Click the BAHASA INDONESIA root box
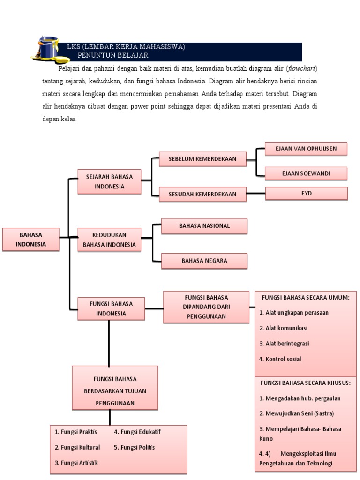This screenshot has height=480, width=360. click(x=31, y=240)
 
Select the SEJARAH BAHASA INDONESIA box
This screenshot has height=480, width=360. click(x=109, y=181)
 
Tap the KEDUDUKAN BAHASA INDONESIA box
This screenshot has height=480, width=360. click(x=109, y=240)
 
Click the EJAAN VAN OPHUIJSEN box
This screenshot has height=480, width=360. click(x=306, y=149)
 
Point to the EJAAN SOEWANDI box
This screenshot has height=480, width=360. click(x=306, y=173)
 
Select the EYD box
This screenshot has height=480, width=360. click(x=307, y=193)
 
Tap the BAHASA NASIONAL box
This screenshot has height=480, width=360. click(x=204, y=226)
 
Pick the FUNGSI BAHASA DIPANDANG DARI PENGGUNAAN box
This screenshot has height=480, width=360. click(x=206, y=307)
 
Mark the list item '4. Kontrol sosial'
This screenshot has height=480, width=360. click(x=280, y=359)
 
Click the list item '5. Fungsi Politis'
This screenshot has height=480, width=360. click(x=134, y=447)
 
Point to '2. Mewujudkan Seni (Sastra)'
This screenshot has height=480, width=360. click(x=296, y=413)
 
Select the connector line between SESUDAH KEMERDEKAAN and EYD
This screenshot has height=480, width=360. click(x=256, y=194)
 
